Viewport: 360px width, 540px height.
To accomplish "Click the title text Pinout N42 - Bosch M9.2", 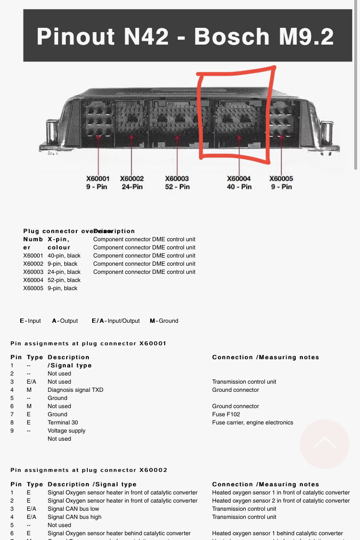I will [x=185, y=37].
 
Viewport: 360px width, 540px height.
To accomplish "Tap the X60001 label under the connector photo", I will [x=98, y=178].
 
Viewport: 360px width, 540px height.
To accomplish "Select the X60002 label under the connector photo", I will [x=132, y=178].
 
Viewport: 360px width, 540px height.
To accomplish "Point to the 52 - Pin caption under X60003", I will [x=177, y=187].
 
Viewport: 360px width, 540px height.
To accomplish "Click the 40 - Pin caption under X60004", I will [x=239, y=187].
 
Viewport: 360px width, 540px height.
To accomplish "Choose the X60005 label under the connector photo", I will [x=281, y=178].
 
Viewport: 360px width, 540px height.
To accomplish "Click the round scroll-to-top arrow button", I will [x=324, y=444].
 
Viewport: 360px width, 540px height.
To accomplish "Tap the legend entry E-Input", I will [x=30, y=321].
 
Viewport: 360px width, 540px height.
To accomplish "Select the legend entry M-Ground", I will [x=164, y=321].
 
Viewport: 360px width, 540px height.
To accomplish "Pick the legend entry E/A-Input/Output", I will [x=116, y=321].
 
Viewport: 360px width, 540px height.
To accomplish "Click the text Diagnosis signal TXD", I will [x=75, y=390].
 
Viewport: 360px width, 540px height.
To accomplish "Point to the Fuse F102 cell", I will [x=226, y=414].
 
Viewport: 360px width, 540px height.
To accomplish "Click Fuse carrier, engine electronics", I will [x=252, y=423].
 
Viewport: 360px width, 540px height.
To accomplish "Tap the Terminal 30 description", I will [x=62, y=423].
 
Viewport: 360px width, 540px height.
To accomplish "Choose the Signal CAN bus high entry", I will [x=74, y=517].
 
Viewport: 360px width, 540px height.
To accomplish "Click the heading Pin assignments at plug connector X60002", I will [x=89, y=470].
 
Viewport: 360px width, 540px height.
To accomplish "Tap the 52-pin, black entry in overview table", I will [x=64, y=280].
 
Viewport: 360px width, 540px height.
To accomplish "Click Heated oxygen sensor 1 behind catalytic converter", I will [x=277, y=533].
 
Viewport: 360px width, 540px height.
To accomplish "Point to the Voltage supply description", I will [x=66, y=431].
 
